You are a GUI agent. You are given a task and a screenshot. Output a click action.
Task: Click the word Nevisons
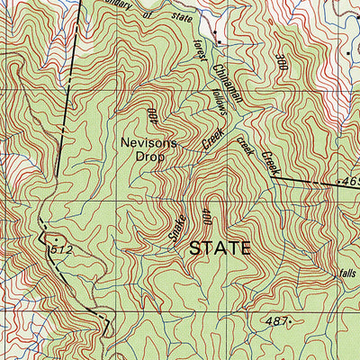(x=149, y=144)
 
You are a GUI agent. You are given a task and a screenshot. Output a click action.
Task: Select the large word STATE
(x=220, y=249)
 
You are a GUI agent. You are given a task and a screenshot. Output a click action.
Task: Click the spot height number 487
(x=276, y=320)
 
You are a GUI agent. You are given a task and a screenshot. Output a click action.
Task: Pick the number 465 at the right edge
(x=351, y=183)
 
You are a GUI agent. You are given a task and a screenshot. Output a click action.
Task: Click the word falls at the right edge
(x=349, y=274)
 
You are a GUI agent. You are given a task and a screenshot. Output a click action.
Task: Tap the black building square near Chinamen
(x=218, y=42)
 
